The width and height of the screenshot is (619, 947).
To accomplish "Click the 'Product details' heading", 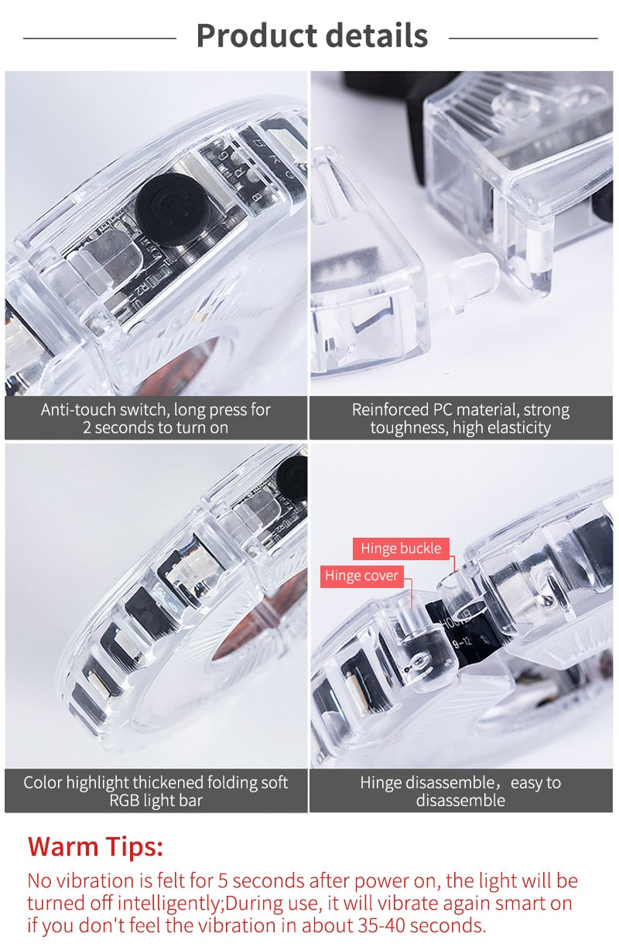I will click(x=312, y=36).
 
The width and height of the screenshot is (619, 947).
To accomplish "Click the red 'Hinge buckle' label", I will click(x=400, y=549).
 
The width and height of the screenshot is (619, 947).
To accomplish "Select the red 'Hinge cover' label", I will click(x=361, y=576).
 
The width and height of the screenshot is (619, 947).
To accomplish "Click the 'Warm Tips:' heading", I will click(x=96, y=846).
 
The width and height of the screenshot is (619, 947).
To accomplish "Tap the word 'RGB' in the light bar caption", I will click(x=125, y=801).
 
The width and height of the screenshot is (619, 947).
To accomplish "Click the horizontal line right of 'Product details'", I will click(x=523, y=37).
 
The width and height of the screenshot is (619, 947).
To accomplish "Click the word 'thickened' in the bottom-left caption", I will click(x=169, y=782).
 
